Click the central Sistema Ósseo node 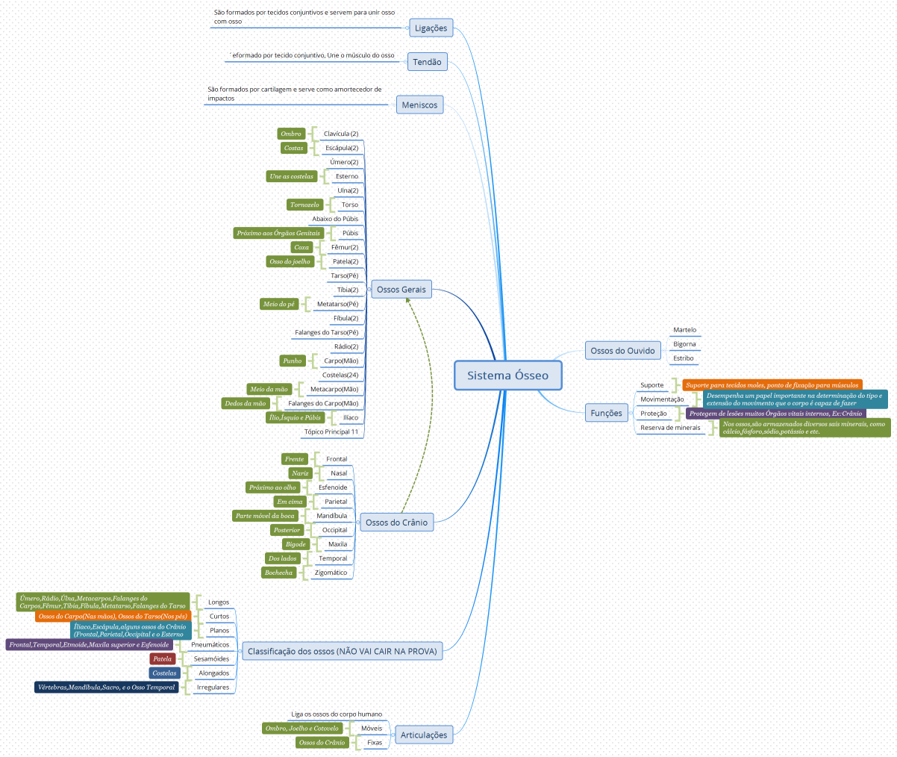click(507, 376)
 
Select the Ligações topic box click(431, 28)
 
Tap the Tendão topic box click(427, 62)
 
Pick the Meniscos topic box click(419, 105)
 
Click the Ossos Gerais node click(401, 290)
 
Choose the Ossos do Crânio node click(396, 523)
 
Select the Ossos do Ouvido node click(622, 351)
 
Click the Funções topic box click(606, 414)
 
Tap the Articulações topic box click(423, 735)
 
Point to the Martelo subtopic click(684, 330)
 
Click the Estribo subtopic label click(683, 358)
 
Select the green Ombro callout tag click(291, 134)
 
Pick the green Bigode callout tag click(296, 544)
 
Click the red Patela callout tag click(163, 659)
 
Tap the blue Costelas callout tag click(164, 673)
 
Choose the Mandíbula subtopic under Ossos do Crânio click(331, 516)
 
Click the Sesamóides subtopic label click(211, 659)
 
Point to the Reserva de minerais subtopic click(670, 428)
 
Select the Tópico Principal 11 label click(331, 432)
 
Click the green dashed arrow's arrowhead click(408, 300)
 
